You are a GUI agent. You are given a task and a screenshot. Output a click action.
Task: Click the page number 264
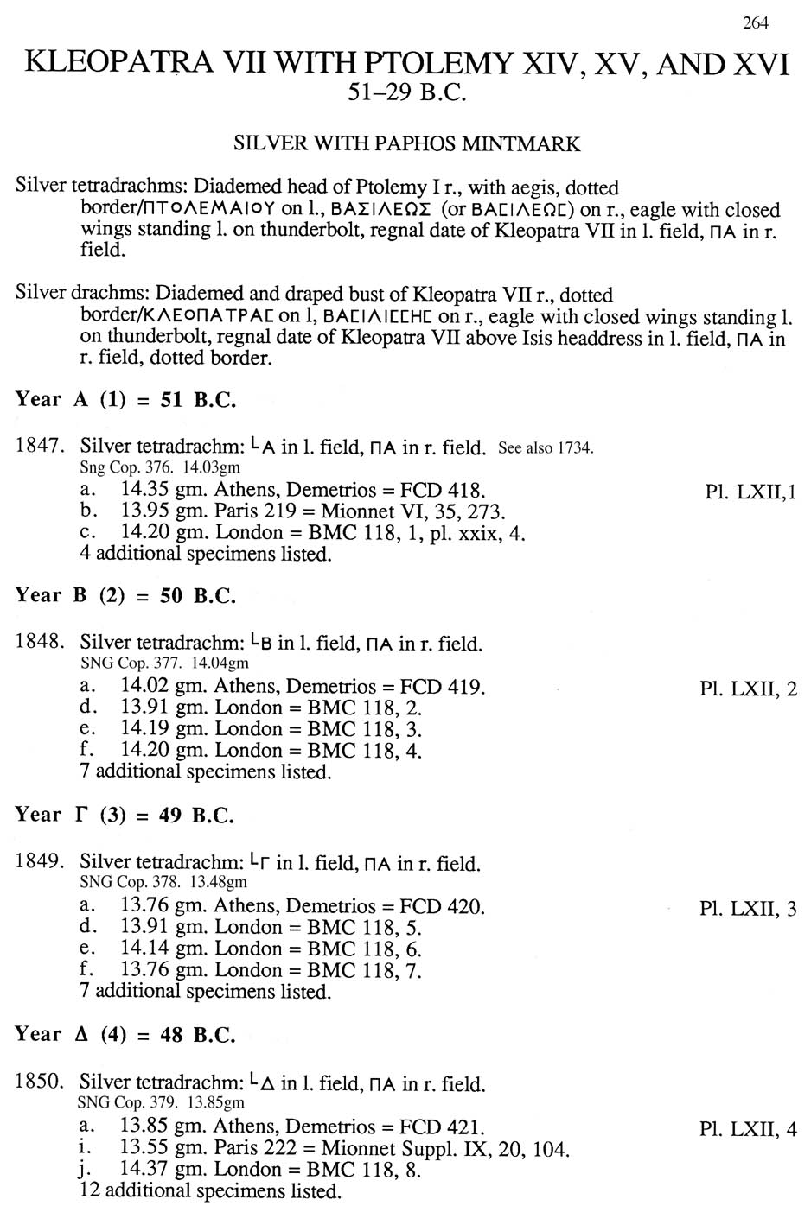[x=755, y=23]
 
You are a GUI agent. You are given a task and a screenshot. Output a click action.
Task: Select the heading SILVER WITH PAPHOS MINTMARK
[x=406, y=143]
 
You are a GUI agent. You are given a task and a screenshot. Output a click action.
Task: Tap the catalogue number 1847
[x=40, y=446]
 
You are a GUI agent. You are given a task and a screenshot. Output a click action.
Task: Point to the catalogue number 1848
[x=40, y=642]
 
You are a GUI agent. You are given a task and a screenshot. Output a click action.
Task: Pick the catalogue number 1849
[x=40, y=861]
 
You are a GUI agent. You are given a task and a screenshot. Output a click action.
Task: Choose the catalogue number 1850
[x=40, y=1082]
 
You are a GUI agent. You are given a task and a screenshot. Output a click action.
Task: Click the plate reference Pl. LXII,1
[x=750, y=492]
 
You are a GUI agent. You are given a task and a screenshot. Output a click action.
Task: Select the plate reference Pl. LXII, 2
[x=748, y=689]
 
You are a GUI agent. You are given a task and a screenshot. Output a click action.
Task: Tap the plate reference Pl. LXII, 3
[x=748, y=908]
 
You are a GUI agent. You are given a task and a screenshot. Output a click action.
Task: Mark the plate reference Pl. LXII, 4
[x=748, y=1128]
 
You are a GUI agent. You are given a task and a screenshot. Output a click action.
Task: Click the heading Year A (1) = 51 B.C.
[x=125, y=400]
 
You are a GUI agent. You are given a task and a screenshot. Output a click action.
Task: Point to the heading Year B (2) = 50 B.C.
[x=125, y=596]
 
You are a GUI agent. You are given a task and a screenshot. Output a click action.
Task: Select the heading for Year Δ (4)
[x=125, y=1035]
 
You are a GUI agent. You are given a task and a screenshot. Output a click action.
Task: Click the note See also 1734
[x=546, y=447]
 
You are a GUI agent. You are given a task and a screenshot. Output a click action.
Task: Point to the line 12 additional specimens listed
[x=210, y=1191]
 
